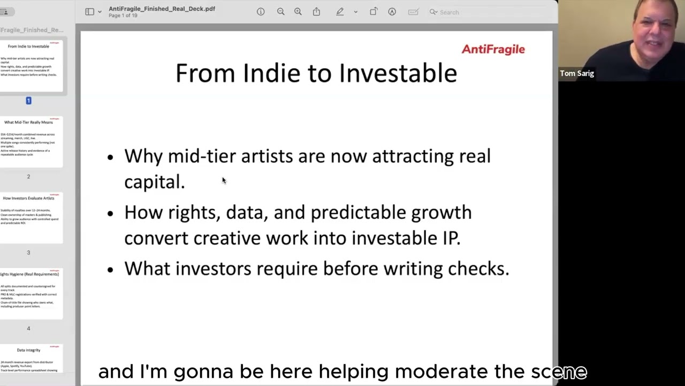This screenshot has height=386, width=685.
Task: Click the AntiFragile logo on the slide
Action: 493,49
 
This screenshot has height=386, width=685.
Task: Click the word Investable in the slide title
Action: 398,73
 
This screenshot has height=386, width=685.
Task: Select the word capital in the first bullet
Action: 154,182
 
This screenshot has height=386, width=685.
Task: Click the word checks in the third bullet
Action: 478,269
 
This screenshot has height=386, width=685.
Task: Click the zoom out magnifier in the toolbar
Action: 280,12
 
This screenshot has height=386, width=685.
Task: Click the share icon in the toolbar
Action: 316,12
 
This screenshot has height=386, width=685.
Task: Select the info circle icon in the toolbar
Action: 261,12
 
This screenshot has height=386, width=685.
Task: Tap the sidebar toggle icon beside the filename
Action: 89,12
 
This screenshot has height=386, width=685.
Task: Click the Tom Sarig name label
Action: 577,73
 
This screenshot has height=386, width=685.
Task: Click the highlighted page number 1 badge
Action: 28,101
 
